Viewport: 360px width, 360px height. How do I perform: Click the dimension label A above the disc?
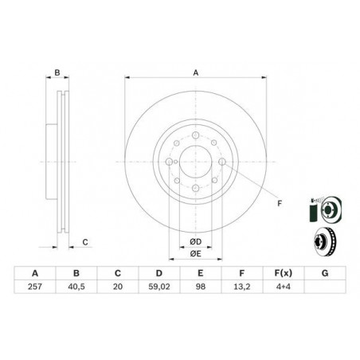coord(195,72)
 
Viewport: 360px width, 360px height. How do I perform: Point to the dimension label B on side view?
coord(57,72)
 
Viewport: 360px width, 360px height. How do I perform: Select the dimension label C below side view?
coord(85,242)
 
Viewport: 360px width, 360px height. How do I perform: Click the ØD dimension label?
coord(195,242)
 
